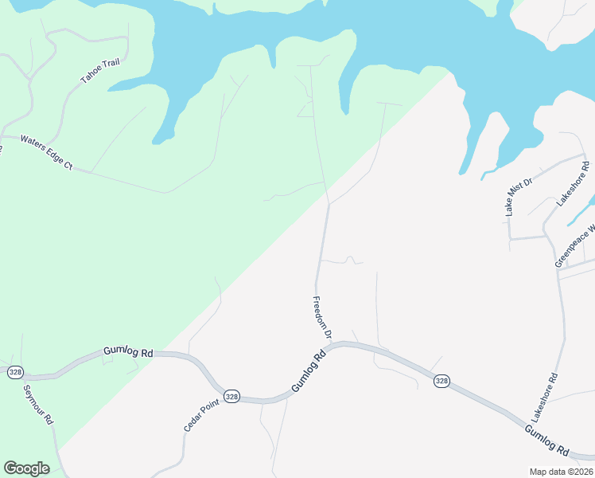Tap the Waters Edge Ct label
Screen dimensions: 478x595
coord(46,152)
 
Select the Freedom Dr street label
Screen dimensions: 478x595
coord(322,318)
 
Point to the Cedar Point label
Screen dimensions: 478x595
coord(200,417)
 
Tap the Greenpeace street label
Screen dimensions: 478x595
coord(574,249)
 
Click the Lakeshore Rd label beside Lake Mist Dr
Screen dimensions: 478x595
coord(573,184)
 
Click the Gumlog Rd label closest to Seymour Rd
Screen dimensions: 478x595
coord(127,352)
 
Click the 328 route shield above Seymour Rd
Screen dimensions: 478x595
coord(15,372)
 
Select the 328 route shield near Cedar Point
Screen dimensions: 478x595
coord(231,396)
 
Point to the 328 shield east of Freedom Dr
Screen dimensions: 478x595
coord(442,382)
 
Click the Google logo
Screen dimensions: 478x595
coord(26,468)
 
